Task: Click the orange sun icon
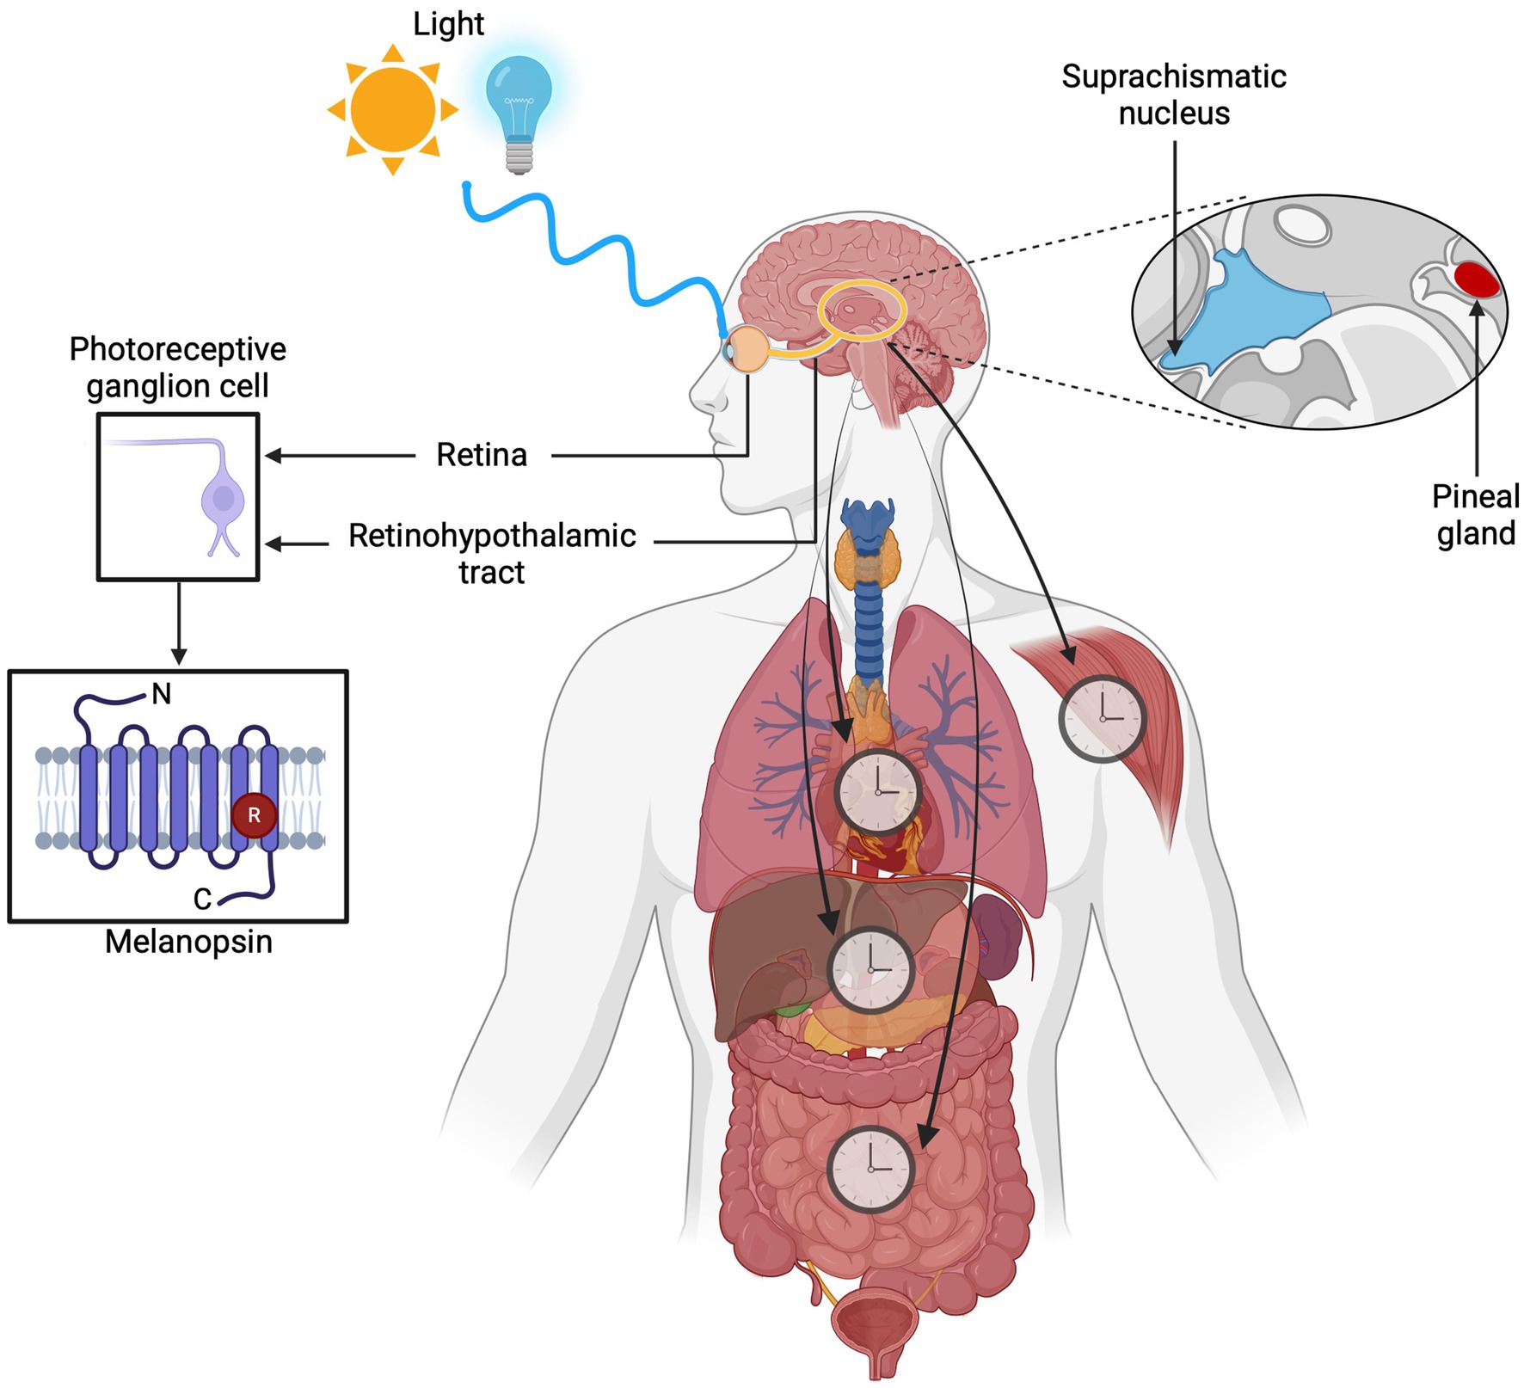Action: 393,110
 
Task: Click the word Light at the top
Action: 448,24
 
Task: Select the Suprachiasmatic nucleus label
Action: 1174,95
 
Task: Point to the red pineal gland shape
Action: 1477,279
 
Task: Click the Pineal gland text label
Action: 1476,515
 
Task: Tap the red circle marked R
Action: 254,815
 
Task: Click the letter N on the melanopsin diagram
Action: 161,693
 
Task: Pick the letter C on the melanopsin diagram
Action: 202,900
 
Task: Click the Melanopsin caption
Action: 188,942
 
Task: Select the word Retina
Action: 482,455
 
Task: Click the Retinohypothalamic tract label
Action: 492,553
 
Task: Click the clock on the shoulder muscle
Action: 1103,718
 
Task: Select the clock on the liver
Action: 870,969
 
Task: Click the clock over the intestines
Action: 870,1169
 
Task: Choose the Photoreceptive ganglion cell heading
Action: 178,367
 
